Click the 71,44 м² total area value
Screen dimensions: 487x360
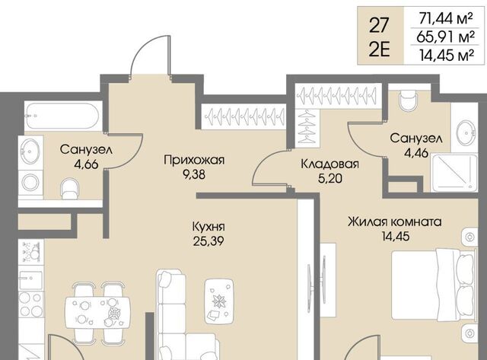[446, 19]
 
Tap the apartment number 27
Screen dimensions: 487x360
[379, 25]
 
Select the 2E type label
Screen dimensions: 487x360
[379, 49]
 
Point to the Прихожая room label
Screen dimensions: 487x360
[194, 161]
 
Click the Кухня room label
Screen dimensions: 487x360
[208, 227]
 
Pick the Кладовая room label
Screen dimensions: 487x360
[329, 164]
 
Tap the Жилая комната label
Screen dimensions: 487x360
[394, 222]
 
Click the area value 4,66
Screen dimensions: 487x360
[86, 164]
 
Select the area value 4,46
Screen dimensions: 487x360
[417, 153]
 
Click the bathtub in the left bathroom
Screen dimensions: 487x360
[62, 116]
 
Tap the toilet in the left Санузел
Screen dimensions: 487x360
[70, 189]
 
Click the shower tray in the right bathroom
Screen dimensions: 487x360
[454, 173]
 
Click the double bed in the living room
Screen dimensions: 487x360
[434, 284]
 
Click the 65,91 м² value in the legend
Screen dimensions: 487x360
[446, 37]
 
